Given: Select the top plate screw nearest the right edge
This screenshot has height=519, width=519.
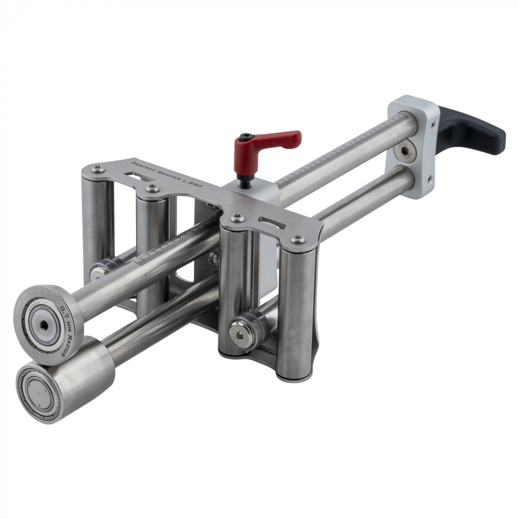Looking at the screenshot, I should point(297,239).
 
